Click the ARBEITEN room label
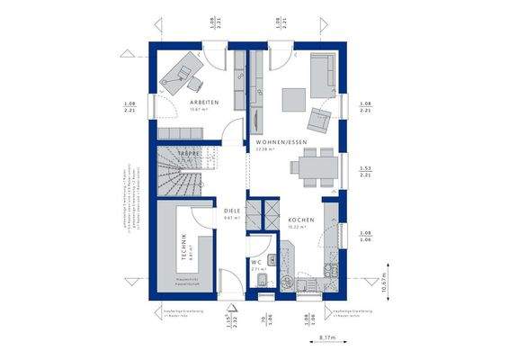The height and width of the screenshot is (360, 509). pos(204,104)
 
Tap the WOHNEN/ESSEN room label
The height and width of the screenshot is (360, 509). pos(281,142)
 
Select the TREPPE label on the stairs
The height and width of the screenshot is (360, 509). pos(187,155)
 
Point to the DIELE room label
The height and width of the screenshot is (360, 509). pos(232,211)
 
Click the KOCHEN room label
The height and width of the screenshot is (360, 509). pos(300,220)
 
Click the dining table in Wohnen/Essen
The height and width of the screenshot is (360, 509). pos(311,166)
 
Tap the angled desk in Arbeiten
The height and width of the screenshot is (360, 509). pos(181,71)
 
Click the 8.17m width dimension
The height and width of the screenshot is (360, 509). pos(328,338)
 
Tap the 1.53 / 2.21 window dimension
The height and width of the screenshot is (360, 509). pos(365,171)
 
